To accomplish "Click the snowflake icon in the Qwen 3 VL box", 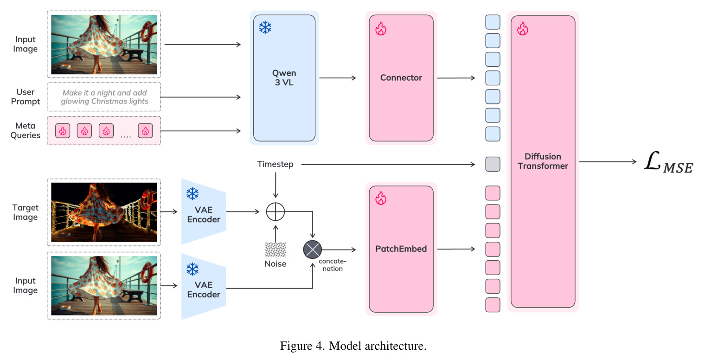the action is (x=265, y=27).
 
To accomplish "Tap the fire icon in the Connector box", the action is (x=380, y=29).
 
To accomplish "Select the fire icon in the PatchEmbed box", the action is (x=380, y=198).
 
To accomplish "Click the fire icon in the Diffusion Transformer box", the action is (x=522, y=29).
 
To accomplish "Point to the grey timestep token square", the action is (x=493, y=164).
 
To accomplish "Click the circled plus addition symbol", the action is (x=276, y=212).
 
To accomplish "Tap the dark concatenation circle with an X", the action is (x=312, y=250).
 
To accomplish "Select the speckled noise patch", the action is (x=276, y=250).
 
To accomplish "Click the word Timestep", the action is (x=276, y=164).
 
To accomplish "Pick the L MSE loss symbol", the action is (x=668, y=162).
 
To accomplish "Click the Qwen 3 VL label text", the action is (x=284, y=78).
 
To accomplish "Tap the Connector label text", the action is (x=401, y=78).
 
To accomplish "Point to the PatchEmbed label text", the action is (x=401, y=249).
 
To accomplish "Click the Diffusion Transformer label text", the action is (x=543, y=161).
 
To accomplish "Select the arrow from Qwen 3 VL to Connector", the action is (x=338, y=78).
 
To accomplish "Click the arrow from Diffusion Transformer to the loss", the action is (x=608, y=162).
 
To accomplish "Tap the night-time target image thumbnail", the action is (x=104, y=212).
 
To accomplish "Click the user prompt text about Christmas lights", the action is (x=104, y=97).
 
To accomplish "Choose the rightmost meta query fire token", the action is (x=145, y=131).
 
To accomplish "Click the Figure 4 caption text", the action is (x=353, y=346).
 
